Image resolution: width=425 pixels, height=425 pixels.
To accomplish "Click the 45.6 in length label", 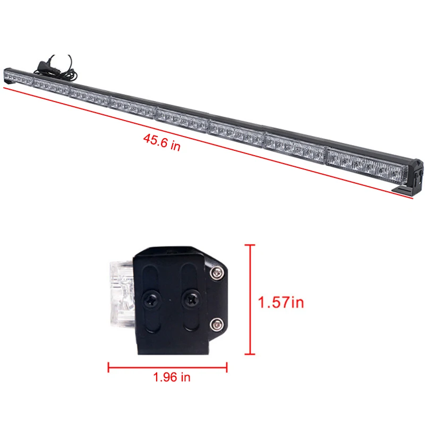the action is pyautogui.click(x=162, y=142).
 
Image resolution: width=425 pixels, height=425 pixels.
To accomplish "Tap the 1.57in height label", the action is pyautogui.click(x=281, y=302).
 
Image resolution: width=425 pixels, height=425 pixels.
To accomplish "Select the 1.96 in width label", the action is pyautogui.click(x=172, y=377).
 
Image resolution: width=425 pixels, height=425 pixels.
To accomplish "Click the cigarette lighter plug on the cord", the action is pyautogui.click(x=44, y=66).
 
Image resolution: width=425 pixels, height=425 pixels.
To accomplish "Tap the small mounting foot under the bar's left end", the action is pyautogui.click(x=7, y=83).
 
